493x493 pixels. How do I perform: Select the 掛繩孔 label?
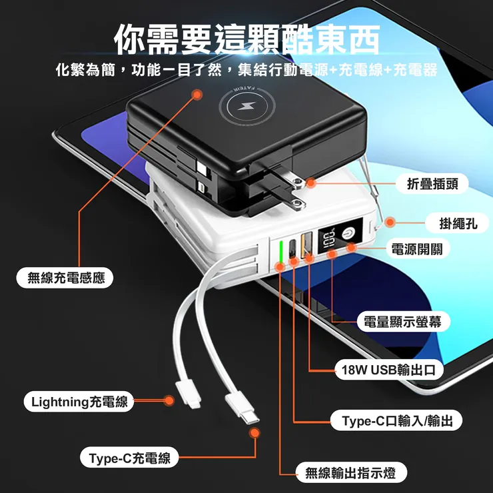pos(458,224)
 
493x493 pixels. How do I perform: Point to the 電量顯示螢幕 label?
pos(403,322)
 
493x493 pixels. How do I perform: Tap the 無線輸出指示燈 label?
pos(350,473)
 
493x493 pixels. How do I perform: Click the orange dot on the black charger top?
pos(197,95)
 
